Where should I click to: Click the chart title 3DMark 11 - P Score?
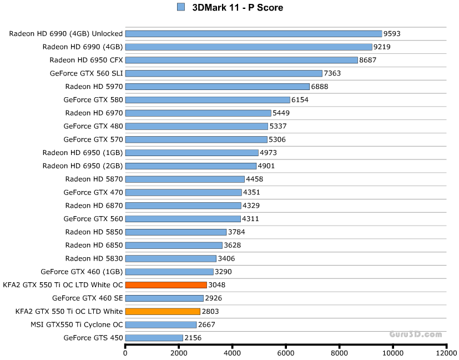[237, 7]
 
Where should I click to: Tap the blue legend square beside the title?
[180, 7]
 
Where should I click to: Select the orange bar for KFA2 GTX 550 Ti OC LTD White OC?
[166, 285]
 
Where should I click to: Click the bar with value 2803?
[163, 312]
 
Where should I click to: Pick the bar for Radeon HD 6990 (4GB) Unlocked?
[254, 34]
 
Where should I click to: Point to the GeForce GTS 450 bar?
[154, 338]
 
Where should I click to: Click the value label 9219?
[382, 47]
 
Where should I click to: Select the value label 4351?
[251, 192]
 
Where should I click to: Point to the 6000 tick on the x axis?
[285, 352]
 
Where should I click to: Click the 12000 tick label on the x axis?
[446, 352]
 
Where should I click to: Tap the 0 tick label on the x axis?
[125, 352]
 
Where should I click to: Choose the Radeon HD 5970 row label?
[94, 87]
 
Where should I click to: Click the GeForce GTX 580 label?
[93, 100]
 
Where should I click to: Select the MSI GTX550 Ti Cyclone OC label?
[77, 324]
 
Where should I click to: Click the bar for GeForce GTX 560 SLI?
[224, 73]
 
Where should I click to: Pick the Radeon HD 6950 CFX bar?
[241, 60]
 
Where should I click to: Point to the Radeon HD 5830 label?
[94, 258]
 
